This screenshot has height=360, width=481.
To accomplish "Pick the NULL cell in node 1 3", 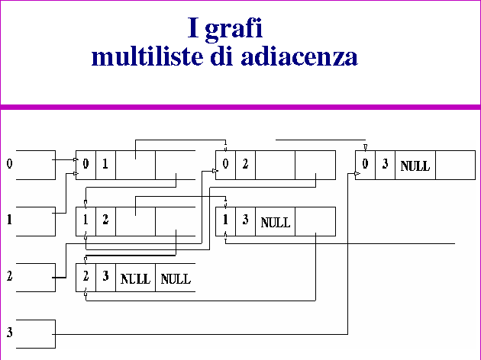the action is coord(276,223).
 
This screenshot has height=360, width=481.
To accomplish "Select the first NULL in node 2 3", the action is coord(136,278).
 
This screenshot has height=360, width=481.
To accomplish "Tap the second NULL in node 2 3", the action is coord(175,278).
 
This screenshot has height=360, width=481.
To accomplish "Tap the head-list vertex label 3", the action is coord(10,333).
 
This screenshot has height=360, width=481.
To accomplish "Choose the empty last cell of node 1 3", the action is coord(315,222).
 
